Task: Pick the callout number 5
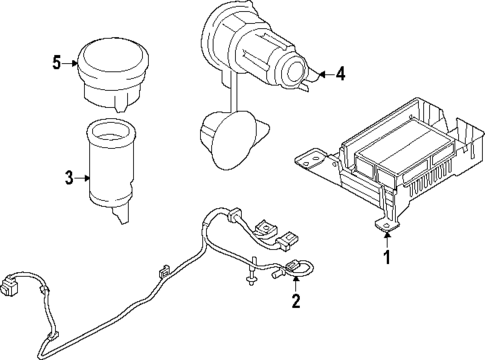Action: (56, 63)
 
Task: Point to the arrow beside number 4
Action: (322, 72)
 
